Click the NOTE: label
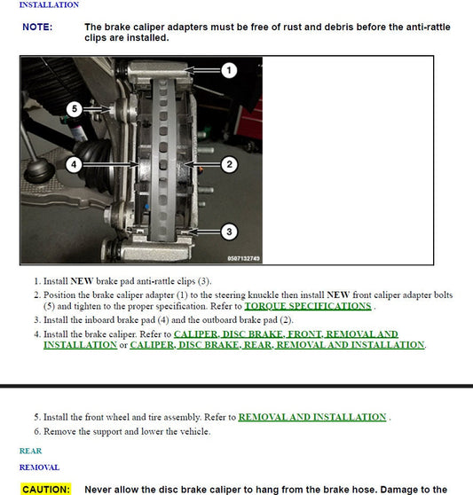[36, 27]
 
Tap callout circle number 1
[228, 70]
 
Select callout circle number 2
[228, 164]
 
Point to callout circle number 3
[228, 232]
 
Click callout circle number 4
[75, 164]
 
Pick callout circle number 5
[75, 109]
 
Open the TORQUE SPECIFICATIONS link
[308, 306]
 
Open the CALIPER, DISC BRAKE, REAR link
[277, 345]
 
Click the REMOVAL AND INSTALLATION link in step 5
[312, 417]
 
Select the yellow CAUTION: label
[45, 489]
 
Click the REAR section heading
[30, 451]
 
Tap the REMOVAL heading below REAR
[39, 467]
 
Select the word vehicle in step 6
[194, 432]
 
